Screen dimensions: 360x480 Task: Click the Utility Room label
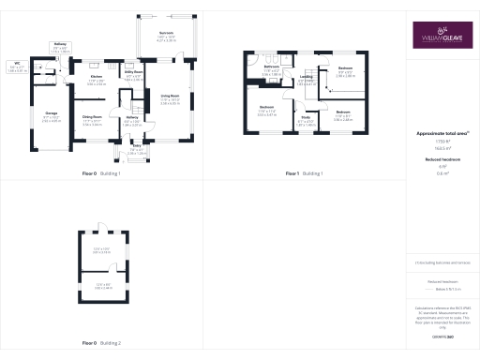pos(133,71)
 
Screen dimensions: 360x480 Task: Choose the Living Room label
pos(170,96)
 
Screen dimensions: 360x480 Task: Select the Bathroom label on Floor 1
pos(272,67)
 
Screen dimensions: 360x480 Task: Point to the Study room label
pos(306,118)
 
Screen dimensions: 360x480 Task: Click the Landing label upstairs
pos(306,78)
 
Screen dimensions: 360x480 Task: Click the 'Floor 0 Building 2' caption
pos(101,343)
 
